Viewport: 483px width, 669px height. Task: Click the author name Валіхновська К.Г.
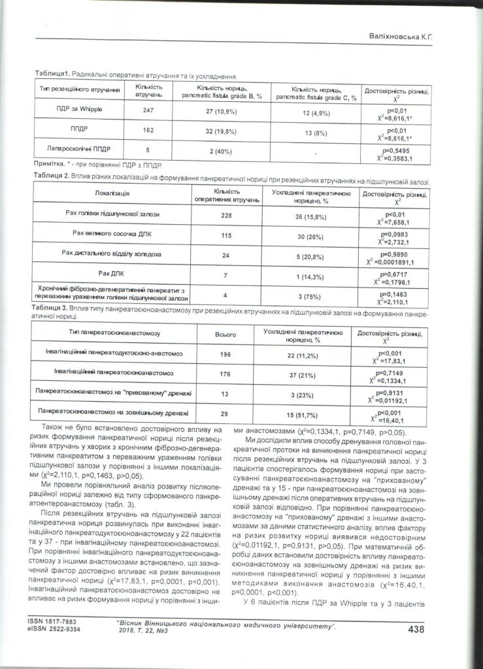coord(393,38)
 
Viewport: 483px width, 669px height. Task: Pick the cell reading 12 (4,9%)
coord(315,110)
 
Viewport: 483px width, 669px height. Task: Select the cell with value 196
coord(225,355)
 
